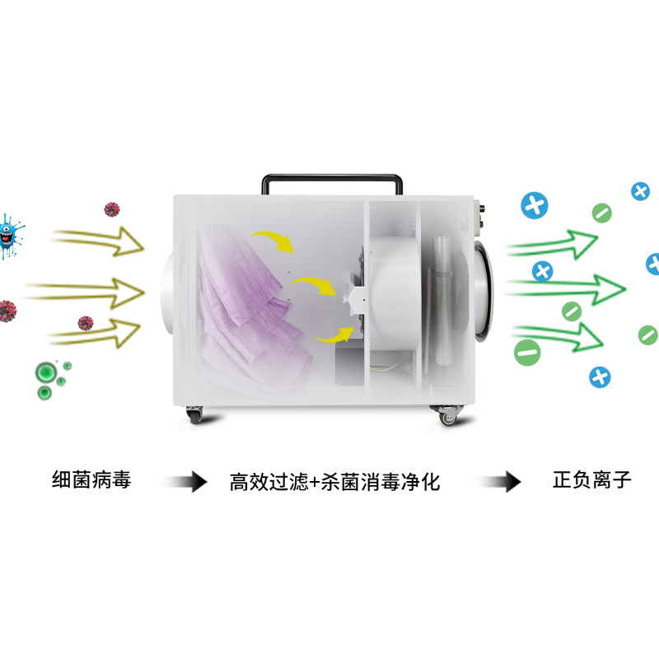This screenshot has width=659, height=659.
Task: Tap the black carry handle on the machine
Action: (x=332, y=177)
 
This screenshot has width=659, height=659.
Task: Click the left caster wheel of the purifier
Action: (x=194, y=415)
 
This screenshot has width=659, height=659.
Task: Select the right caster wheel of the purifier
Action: (x=446, y=415)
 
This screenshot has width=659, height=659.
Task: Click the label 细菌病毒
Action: (x=91, y=479)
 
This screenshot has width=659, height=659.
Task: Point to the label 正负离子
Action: (x=591, y=479)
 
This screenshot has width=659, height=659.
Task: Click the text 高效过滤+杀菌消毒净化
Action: (x=334, y=482)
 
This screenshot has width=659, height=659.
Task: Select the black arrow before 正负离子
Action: (x=500, y=481)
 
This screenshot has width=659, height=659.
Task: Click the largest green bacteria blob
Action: (x=46, y=372)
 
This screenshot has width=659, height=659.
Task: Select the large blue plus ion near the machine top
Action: (x=534, y=205)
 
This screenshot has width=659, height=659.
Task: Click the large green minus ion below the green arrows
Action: (x=527, y=353)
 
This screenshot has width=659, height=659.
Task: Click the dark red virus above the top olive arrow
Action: (x=112, y=209)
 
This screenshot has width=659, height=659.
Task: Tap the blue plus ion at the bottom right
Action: (x=600, y=377)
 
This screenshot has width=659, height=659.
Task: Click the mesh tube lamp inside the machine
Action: (x=442, y=299)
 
